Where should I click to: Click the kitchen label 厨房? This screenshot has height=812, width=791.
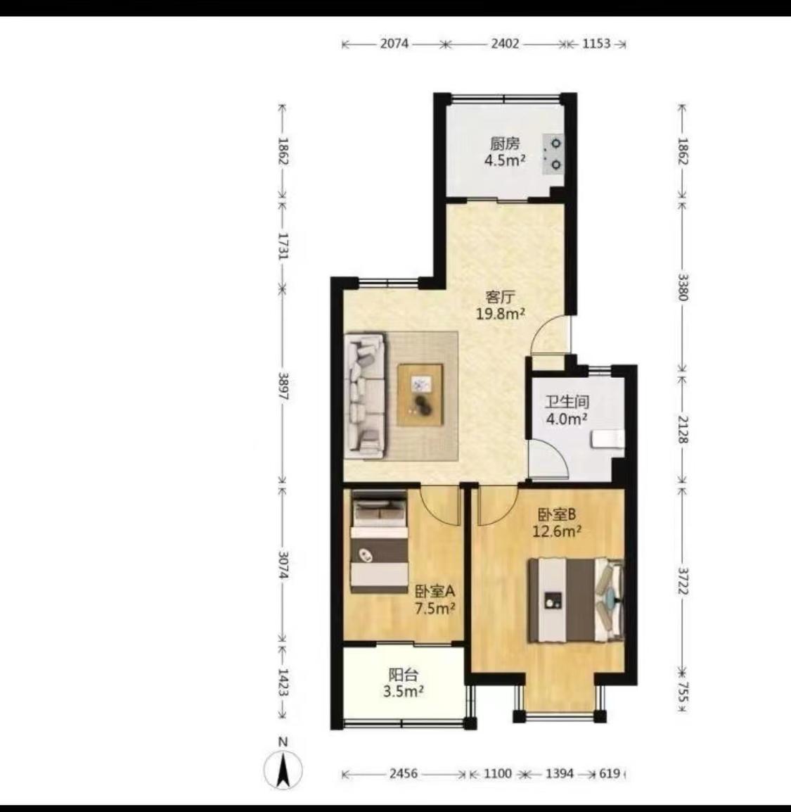[x=504, y=144]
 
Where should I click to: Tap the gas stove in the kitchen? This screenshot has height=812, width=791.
[x=553, y=154]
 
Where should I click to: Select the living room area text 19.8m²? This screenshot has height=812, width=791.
[x=501, y=313]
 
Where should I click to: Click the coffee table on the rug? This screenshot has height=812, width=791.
[x=420, y=395]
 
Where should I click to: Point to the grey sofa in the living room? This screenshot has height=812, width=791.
[x=365, y=396]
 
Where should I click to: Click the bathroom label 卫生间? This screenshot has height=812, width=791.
[x=567, y=402]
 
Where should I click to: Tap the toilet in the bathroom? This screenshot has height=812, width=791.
[x=608, y=439]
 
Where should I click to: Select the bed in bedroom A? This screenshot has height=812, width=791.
[x=379, y=542]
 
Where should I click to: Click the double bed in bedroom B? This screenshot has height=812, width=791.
[x=575, y=600]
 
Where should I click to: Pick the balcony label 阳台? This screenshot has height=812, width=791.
[x=403, y=675]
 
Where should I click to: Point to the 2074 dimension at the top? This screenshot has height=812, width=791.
[x=394, y=44]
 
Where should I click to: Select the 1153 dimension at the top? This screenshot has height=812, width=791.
[x=596, y=44]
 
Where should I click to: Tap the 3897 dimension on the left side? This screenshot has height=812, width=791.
[x=283, y=386]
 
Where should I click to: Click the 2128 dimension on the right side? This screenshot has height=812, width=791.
[x=683, y=429]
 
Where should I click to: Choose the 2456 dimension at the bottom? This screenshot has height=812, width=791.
[x=404, y=774]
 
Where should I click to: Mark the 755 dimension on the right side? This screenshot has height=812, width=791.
[x=683, y=692]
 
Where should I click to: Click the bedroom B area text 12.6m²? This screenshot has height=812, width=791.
[x=557, y=531]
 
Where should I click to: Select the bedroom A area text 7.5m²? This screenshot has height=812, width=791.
[x=435, y=609]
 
